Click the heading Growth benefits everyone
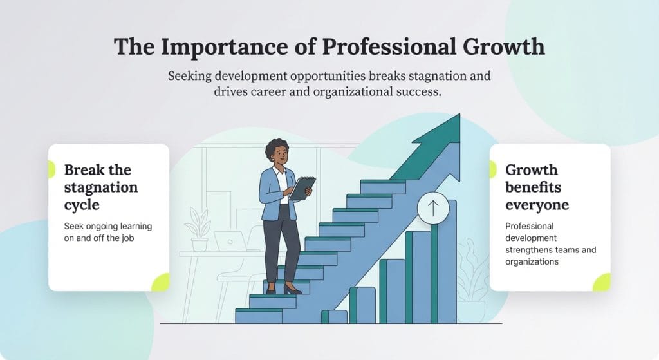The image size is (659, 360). click(536, 187)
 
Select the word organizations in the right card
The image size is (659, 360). click(532, 261)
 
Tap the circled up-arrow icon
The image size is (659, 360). click(432, 208)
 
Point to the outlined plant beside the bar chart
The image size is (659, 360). click(473, 270)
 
